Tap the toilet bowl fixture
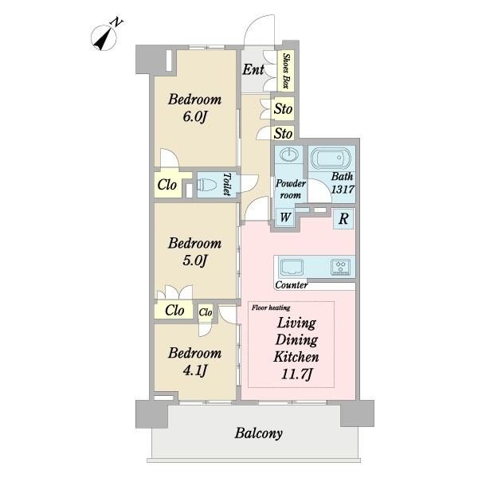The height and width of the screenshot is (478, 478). [x=206, y=185]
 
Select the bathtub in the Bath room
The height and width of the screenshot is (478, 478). [x=331, y=158]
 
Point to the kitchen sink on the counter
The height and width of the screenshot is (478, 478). [x=292, y=267]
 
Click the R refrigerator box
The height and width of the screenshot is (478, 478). [x=343, y=218]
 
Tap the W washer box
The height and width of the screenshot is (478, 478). [x=285, y=217]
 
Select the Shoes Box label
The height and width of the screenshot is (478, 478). [x=286, y=71]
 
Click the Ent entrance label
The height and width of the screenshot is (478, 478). [x=253, y=69]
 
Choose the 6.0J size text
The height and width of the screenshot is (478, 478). [x=195, y=116]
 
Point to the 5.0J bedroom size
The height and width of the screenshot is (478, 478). [x=195, y=261]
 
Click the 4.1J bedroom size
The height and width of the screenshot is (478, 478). [x=195, y=370]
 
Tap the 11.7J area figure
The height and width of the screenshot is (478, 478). [x=296, y=374]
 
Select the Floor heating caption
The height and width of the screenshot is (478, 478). [x=271, y=308]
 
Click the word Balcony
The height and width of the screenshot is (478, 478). [x=258, y=433]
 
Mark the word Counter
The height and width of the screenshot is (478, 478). [x=292, y=285]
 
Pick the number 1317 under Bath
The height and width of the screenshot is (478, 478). [x=343, y=190]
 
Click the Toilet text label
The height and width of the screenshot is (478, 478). [x=227, y=185]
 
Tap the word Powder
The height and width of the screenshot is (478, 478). [x=291, y=183]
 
